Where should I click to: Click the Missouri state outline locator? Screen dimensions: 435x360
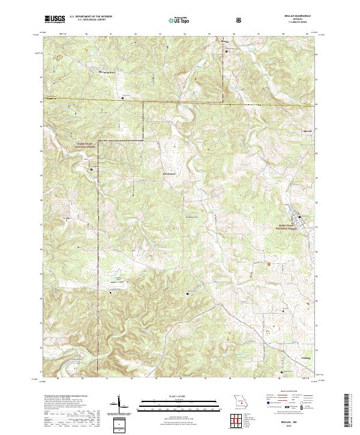point(240,403)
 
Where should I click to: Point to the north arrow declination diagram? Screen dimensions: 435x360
point(119,403)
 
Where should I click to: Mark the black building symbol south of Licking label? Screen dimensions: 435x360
point(281,371)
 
